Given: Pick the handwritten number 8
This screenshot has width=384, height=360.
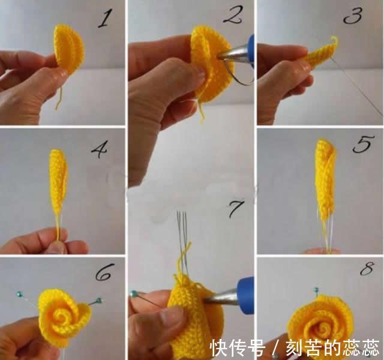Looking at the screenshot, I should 365,269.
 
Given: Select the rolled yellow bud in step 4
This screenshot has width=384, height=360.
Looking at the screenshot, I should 58,180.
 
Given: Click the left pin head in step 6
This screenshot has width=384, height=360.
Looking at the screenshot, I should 20,293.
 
